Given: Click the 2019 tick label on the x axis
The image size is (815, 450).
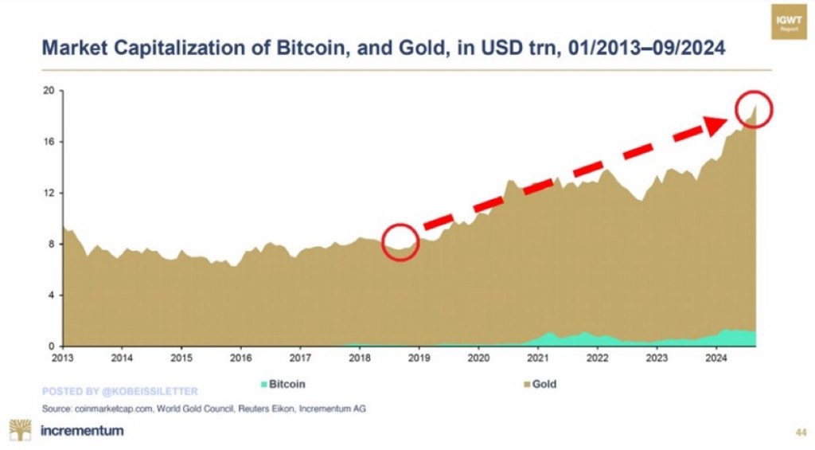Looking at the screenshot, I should coord(419,358).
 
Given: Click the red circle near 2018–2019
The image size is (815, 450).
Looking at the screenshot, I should coord(400,241).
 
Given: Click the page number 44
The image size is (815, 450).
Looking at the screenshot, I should coord(801,432).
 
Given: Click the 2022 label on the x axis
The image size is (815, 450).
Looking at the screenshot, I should coord(598,358).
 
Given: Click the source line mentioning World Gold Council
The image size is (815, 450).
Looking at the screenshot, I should coord(205,409).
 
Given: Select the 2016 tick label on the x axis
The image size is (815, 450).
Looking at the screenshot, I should coord(240,358).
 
